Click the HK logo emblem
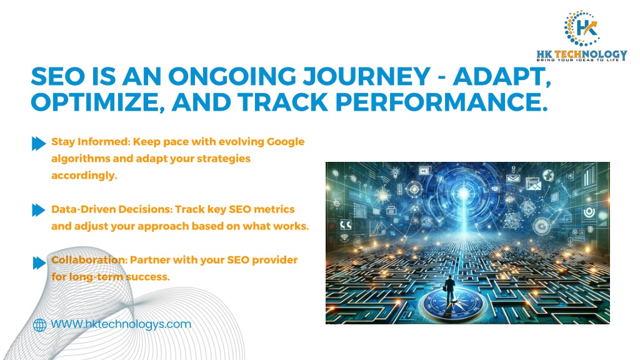pos(582,28)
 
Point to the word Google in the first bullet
pos(285,142)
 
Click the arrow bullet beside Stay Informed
pos(39,143)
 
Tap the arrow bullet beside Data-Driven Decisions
pos(39,210)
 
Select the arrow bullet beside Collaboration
pos(39,263)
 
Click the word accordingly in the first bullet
pos(84,176)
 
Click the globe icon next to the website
pos(39,325)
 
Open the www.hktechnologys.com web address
pos(121,324)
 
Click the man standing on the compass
pos(449,289)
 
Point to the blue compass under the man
pos(449,305)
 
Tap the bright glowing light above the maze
pos(463,193)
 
